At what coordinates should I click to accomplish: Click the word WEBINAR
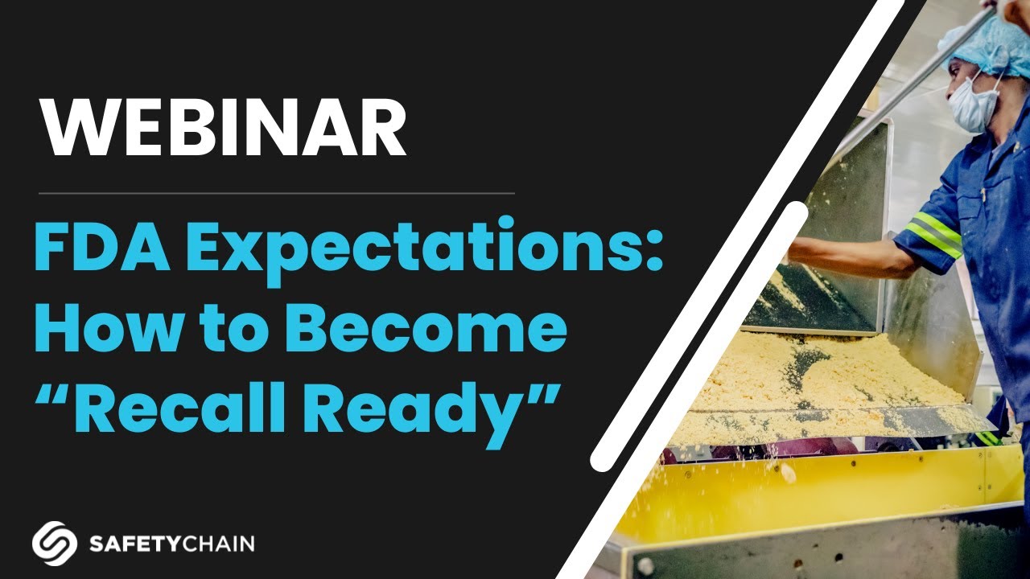click(x=224, y=129)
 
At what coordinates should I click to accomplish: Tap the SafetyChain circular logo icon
click(x=55, y=543)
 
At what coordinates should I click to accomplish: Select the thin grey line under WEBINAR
click(x=276, y=193)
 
